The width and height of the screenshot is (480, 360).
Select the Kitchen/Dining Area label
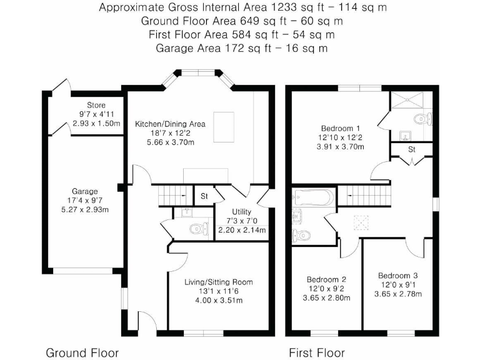[x=170, y=124]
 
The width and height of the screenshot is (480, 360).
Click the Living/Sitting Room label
[x=219, y=282]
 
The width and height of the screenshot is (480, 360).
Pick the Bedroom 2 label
[x=326, y=279]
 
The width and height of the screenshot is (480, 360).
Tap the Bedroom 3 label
[x=397, y=275]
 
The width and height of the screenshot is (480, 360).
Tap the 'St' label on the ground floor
[x=204, y=196]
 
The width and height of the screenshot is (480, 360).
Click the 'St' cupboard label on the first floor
[x=412, y=150]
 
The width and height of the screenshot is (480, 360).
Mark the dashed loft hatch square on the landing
[x=361, y=221]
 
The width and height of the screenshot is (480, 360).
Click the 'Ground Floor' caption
[x=82, y=352]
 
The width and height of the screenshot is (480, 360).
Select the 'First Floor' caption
[x=317, y=352]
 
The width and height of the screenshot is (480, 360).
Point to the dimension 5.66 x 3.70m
[x=170, y=142]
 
